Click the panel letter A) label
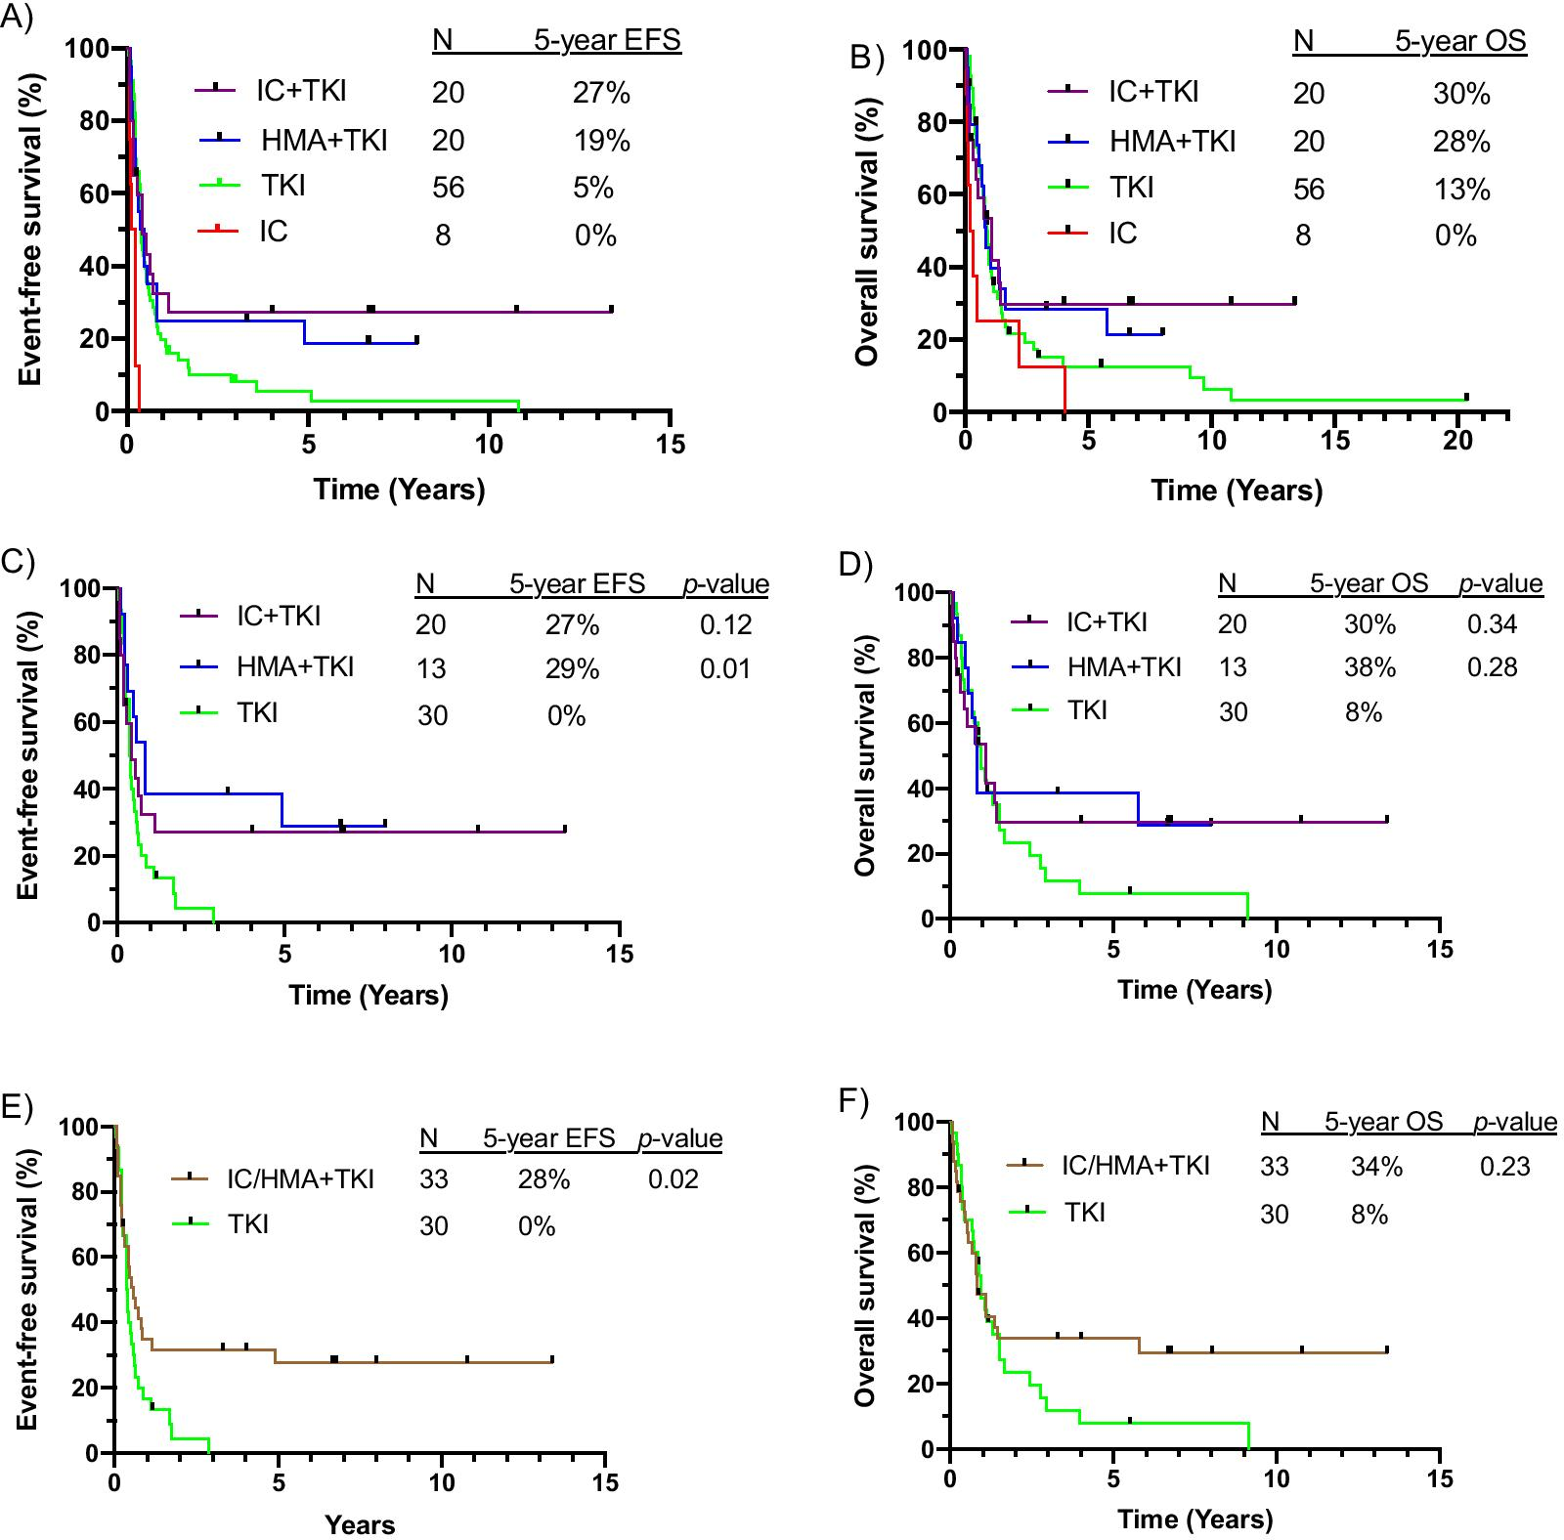tap(17, 20)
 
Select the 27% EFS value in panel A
tap(601, 93)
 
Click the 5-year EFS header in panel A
tap(606, 41)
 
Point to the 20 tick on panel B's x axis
tap(1457, 441)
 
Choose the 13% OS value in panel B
tap(1462, 189)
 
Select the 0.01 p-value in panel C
tap(725, 668)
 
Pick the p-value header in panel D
tap(1500, 584)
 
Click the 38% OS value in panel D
tap(1369, 667)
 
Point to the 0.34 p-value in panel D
tap(1493, 623)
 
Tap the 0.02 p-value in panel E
tap(673, 1178)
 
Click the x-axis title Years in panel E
tap(360, 1524)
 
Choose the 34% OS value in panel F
tap(1376, 1167)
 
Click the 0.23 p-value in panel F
tap(1504, 1166)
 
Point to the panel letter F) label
tap(853, 1101)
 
